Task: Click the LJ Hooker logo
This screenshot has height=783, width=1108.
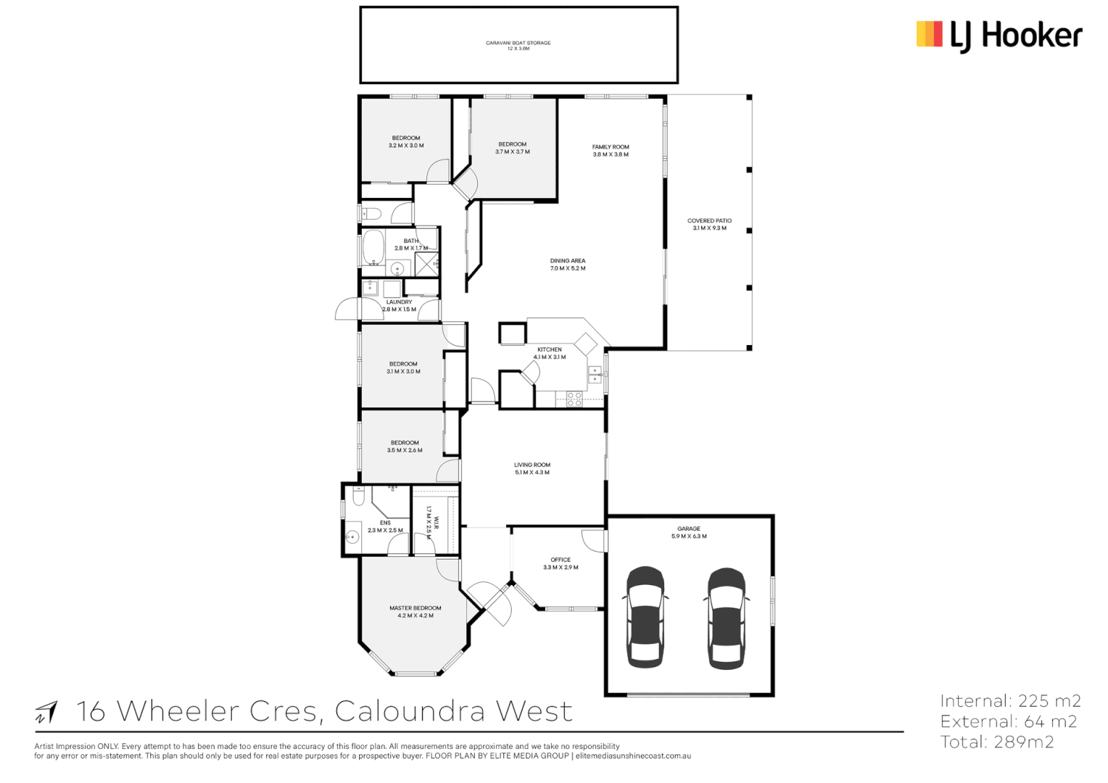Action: pos(999,36)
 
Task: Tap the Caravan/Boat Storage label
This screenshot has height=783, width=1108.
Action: pos(518,43)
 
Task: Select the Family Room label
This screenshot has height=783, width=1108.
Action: pos(611,147)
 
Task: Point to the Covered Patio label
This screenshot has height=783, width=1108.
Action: pos(709,220)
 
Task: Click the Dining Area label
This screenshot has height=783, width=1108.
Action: pos(567,261)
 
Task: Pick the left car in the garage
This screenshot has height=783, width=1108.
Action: pos(645,618)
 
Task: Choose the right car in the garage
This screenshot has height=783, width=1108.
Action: pos(726,618)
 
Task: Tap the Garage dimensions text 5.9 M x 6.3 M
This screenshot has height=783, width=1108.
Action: pos(689,536)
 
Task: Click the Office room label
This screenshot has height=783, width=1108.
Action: pos(561,560)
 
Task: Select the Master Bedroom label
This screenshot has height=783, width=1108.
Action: pos(415,608)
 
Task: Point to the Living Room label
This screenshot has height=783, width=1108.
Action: pos(532,465)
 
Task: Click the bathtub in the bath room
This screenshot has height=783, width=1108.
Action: pos(373,248)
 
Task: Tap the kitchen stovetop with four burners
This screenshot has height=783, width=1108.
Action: pos(574,399)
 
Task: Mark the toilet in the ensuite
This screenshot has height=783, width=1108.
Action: pos(359,496)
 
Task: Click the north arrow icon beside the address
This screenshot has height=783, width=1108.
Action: pos(46,712)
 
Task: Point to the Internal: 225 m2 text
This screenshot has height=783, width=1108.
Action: pos(1010,701)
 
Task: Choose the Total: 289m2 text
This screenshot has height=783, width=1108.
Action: pos(997,742)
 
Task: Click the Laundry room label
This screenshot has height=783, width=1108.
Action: pos(399,302)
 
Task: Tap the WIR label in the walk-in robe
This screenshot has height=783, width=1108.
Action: pos(437,523)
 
